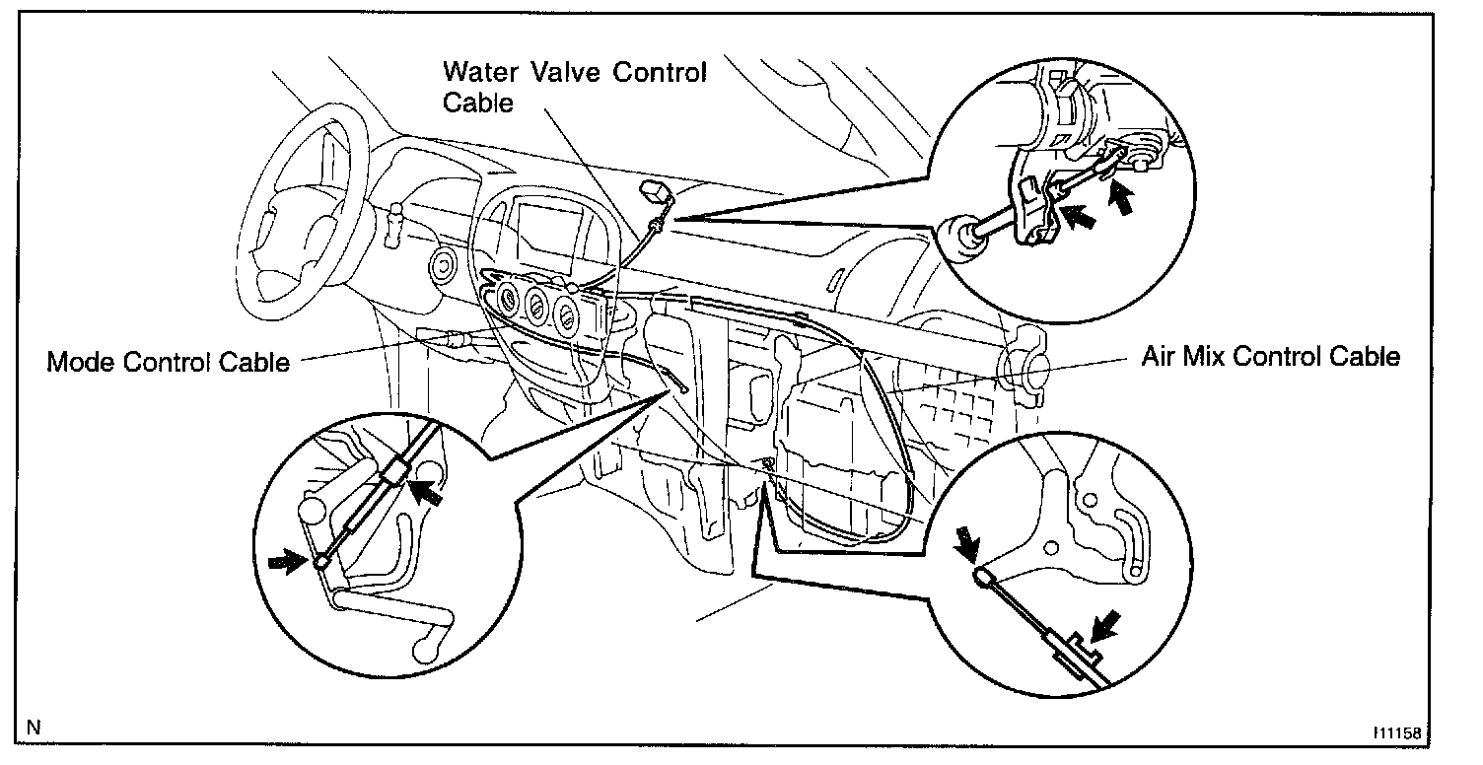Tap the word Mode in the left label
coord(82,362)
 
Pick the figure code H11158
coord(1399,733)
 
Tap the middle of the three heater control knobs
coord(538,306)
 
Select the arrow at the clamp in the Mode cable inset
coord(428,490)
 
